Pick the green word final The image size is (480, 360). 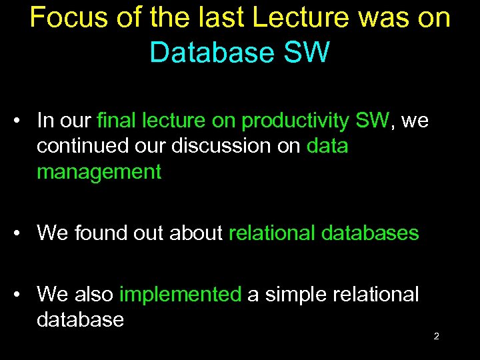(x=119, y=121)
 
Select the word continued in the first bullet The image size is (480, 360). (x=80, y=146)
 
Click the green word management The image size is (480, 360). (x=99, y=173)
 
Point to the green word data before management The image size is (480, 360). (x=327, y=146)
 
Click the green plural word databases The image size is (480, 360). (x=370, y=233)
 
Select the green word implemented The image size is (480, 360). (x=180, y=295)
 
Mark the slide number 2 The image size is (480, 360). (x=436, y=336)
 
